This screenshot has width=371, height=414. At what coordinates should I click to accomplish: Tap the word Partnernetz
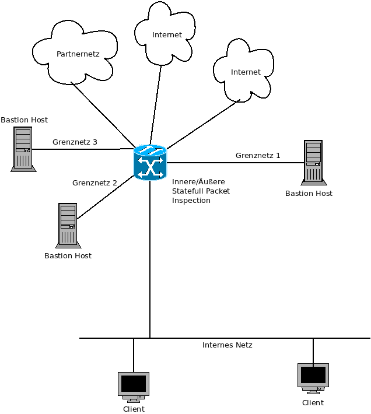pyautogui.click(x=78, y=54)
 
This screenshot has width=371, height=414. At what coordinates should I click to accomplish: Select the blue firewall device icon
pyautogui.click(x=150, y=163)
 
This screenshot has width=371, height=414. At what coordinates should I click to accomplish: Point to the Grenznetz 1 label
pyautogui.click(x=258, y=156)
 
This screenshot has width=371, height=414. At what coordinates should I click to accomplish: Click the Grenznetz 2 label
pyautogui.click(x=94, y=183)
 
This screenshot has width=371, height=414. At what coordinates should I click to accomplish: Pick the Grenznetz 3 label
pyautogui.click(x=75, y=142)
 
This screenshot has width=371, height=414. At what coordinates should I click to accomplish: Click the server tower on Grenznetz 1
pyautogui.click(x=313, y=162)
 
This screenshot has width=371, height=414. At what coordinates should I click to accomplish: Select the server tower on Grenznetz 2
pyautogui.click(x=68, y=224)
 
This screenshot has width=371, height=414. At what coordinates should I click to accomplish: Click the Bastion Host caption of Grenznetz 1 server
pyautogui.click(x=309, y=194)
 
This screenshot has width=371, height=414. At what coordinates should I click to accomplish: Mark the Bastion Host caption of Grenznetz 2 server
pyautogui.click(x=68, y=256)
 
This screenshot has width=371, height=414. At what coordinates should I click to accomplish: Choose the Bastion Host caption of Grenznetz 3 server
pyautogui.click(x=24, y=120)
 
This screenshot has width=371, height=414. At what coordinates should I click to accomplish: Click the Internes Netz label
pyautogui.click(x=227, y=345)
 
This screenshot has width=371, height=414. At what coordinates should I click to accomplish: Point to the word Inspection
pyautogui.click(x=191, y=201)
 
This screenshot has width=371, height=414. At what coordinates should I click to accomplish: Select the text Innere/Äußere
pyautogui.click(x=198, y=182)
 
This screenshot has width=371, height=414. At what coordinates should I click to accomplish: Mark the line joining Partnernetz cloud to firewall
pyautogui.click(x=102, y=114)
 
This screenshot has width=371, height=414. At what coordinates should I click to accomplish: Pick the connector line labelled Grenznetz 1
pyautogui.click(x=233, y=163)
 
